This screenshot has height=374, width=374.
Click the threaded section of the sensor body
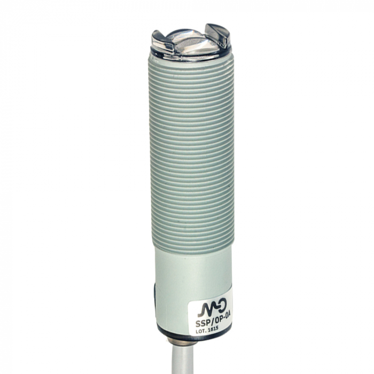click(x=191, y=155)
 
